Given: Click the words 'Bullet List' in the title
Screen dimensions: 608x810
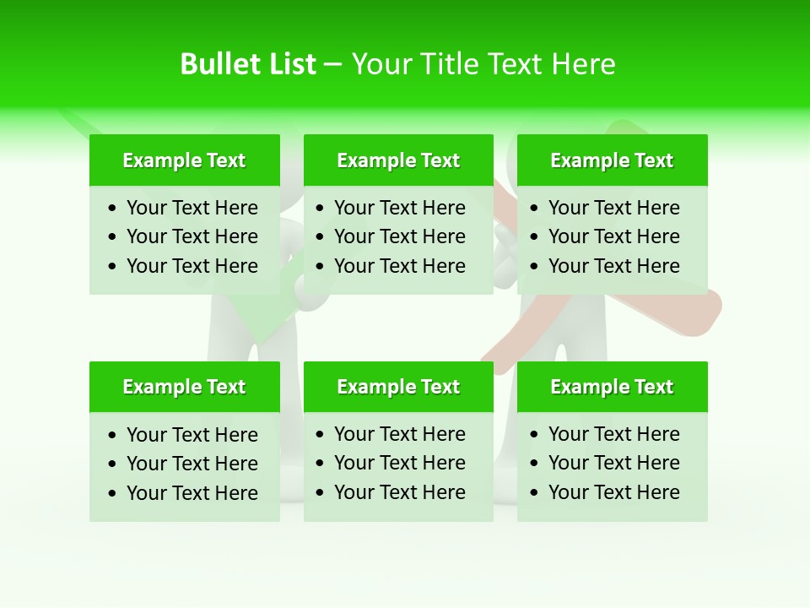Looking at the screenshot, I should (248, 64).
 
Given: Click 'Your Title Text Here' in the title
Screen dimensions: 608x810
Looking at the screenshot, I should (483, 64).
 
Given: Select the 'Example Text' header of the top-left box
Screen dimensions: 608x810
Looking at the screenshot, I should (184, 160).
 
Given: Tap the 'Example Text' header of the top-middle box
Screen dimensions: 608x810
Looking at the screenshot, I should (398, 160).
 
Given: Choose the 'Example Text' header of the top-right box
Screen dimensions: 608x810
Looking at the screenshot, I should (612, 160).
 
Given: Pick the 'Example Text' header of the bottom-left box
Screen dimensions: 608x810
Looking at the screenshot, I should (184, 387).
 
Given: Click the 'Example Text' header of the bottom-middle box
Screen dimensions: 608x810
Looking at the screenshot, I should (398, 387).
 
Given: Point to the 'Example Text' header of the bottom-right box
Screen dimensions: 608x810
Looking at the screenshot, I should (612, 387).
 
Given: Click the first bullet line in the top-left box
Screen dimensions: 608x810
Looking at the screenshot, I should (192, 208).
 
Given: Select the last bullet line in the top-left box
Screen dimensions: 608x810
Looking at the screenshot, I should (192, 266).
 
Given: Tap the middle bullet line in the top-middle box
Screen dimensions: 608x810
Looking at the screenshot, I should (399, 236).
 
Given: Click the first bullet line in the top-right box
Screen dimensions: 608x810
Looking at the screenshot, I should (613, 208).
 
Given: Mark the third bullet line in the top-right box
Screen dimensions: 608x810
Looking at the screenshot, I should (613, 266).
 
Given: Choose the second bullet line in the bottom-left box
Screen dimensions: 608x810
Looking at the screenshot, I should (192, 464).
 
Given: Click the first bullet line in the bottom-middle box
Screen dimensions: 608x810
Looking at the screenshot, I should (399, 434).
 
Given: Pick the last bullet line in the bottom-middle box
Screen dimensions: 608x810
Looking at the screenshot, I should (399, 492).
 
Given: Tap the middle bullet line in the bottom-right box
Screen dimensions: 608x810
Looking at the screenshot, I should (613, 463).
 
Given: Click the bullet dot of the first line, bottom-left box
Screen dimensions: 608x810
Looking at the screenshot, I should (113, 436).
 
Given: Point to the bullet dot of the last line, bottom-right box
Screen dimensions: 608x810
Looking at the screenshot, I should (535, 493).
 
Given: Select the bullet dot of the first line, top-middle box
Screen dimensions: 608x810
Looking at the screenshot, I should (321, 209).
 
